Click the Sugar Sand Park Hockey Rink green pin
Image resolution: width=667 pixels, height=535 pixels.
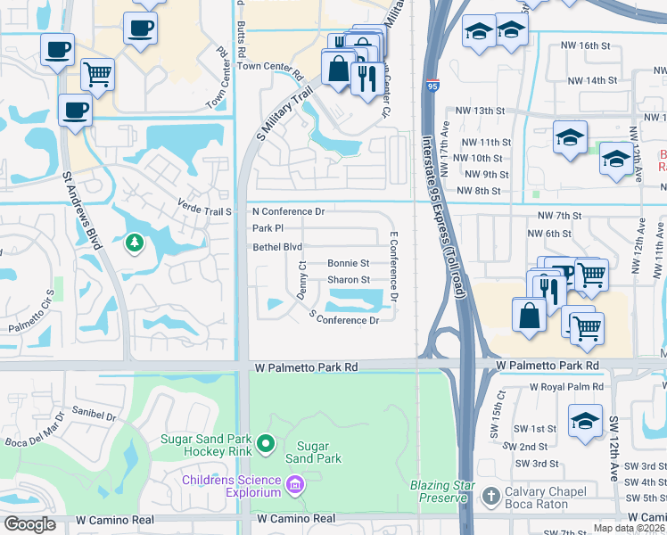(x=265, y=443)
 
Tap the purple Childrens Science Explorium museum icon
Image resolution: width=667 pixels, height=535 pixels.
(x=295, y=486)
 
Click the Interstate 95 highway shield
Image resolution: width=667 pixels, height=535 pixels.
(x=432, y=86)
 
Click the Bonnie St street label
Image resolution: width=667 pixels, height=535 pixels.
(x=348, y=264)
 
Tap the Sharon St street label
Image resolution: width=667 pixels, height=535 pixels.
(x=348, y=280)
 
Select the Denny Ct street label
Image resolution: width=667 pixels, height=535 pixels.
(x=302, y=280)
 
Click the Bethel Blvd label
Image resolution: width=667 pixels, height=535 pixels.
(x=277, y=247)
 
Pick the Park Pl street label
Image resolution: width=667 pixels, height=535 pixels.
(x=268, y=228)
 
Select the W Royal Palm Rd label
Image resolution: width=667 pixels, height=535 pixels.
(x=566, y=387)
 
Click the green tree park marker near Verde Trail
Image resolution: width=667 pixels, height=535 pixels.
(x=134, y=242)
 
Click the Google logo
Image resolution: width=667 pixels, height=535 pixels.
(x=30, y=524)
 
